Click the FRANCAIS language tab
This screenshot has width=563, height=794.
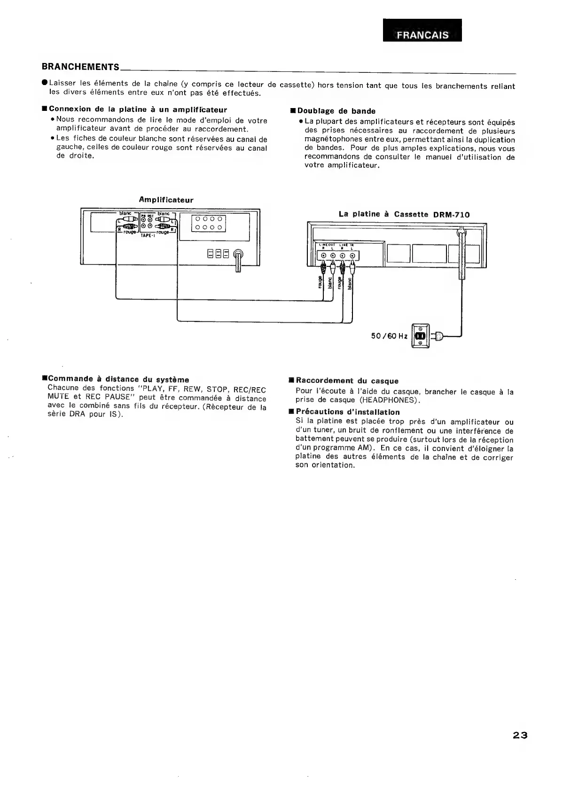(x=422, y=35)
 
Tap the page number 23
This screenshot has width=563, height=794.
(x=520, y=748)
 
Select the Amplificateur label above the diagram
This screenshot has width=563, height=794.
(x=166, y=200)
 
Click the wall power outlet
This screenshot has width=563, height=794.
(x=420, y=336)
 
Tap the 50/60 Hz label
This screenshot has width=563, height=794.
(x=389, y=336)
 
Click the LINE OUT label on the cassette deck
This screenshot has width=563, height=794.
(x=327, y=245)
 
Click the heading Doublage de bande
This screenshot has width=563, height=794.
(x=336, y=111)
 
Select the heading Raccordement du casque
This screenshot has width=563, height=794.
(x=347, y=381)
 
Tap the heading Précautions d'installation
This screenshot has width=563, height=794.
(x=347, y=412)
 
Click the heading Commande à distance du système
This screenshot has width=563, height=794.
(x=118, y=379)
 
